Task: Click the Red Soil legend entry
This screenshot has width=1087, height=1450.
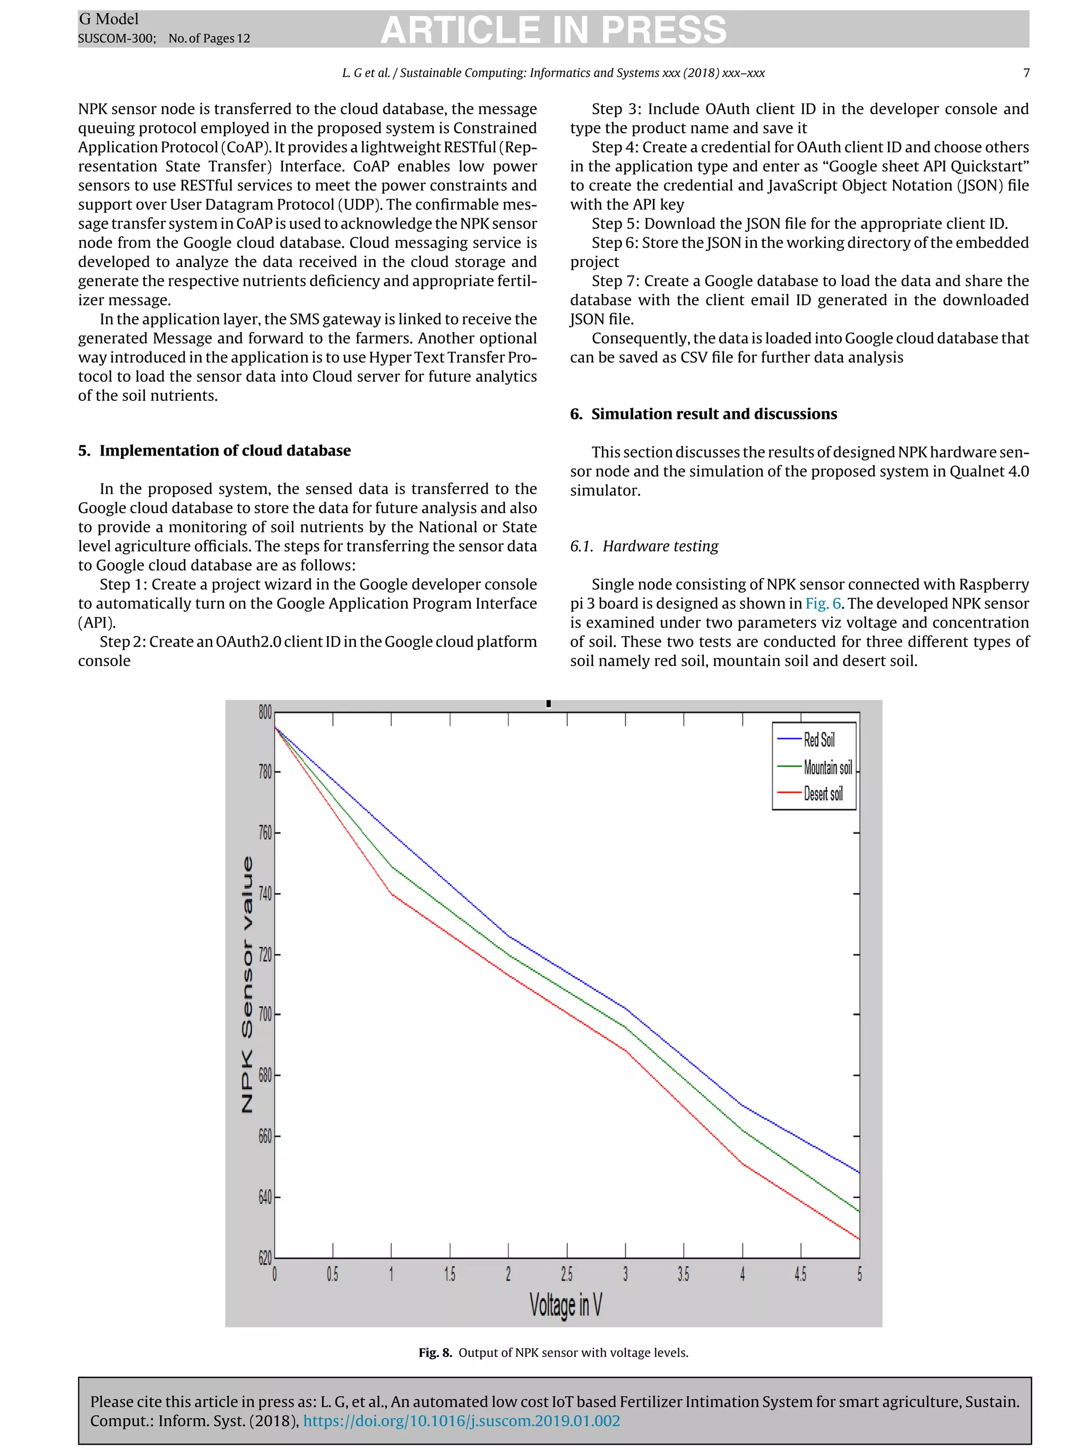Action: pyautogui.click(x=818, y=740)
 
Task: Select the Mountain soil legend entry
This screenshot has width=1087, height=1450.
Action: pyautogui.click(x=827, y=767)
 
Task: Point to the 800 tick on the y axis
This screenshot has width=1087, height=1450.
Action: pyautogui.click(x=265, y=713)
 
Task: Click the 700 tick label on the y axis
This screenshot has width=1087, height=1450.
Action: pyautogui.click(x=265, y=1015)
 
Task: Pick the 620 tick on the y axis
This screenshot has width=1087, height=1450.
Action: pyautogui.click(x=265, y=1257)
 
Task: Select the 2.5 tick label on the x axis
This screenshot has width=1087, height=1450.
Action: pyautogui.click(x=567, y=1274)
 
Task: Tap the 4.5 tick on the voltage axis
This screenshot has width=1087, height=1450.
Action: pyautogui.click(x=800, y=1274)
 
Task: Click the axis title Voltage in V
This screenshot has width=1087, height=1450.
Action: pyautogui.click(x=565, y=1305)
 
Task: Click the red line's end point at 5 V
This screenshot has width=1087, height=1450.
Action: pyautogui.click(x=858, y=1239)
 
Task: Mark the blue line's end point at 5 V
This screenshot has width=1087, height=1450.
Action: pyautogui.click(x=858, y=1172)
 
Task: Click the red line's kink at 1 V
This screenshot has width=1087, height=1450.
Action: pyautogui.click(x=392, y=894)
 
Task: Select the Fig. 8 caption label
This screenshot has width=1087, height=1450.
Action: pyautogui.click(x=435, y=1352)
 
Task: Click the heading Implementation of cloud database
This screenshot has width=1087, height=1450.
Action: pyautogui.click(x=224, y=450)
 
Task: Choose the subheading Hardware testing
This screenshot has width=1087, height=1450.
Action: pyautogui.click(x=660, y=546)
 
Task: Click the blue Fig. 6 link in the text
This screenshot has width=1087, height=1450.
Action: pyautogui.click(x=823, y=603)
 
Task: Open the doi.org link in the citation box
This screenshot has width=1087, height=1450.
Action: pyautogui.click(x=461, y=1420)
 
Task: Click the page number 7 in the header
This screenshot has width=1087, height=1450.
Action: pyautogui.click(x=1026, y=73)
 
